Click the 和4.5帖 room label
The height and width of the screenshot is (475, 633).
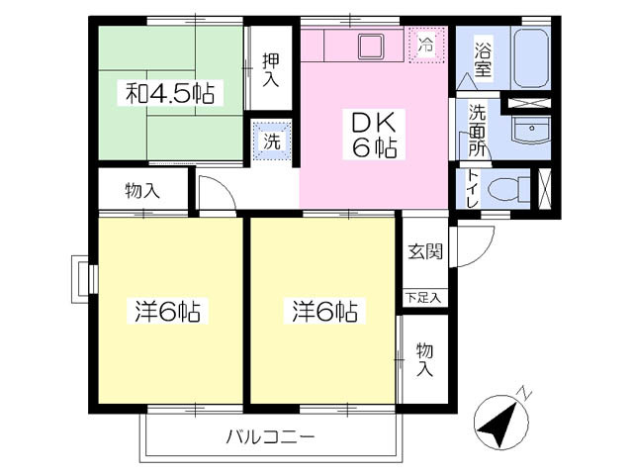click(x=170, y=93)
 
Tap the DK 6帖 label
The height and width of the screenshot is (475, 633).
click(x=374, y=135)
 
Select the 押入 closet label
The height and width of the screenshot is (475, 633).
click(x=270, y=69)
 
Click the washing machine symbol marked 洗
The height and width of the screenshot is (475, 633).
click(x=272, y=141)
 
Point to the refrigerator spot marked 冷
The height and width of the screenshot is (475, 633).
click(x=426, y=45)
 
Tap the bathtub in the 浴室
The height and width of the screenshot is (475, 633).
click(x=532, y=58)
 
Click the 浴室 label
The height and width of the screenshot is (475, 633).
click(x=483, y=59)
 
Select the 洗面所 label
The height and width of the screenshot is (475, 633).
click(x=477, y=131)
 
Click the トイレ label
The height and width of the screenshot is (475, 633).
click(x=472, y=189)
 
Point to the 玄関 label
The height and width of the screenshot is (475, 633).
click(x=425, y=252)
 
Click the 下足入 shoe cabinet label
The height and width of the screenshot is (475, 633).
click(x=423, y=299)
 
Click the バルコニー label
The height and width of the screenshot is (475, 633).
click(x=271, y=437)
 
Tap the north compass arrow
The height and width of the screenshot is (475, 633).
click(x=498, y=423)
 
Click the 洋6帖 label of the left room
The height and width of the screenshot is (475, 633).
click(x=167, y=312)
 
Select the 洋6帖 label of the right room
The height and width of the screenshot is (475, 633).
click(x=325, y=312)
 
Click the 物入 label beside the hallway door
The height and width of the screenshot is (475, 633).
click(x=142, y=191)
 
